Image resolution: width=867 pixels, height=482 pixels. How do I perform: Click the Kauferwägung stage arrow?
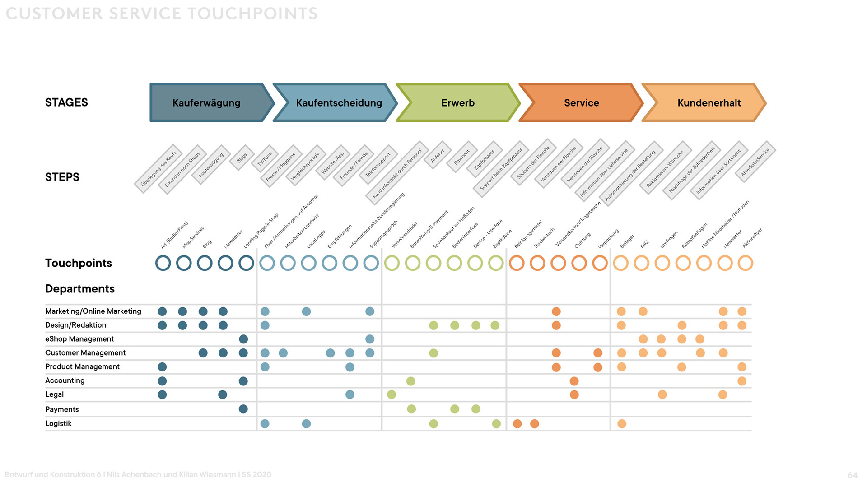[x=207, y=103]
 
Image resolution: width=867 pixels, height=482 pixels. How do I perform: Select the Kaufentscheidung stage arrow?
[x=339, y=103]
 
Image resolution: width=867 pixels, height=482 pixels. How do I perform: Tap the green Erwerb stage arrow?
[x=458, y=103]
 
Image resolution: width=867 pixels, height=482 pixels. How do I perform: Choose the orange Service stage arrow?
[x=581, y=103]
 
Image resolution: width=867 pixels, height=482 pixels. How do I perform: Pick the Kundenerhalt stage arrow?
[x=709, y=103]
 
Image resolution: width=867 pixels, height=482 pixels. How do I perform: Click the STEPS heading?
[x=62, y=177]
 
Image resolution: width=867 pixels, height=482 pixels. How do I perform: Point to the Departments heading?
[x=80, y=289]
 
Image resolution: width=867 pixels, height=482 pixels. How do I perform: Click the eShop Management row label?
[x=79, y=339]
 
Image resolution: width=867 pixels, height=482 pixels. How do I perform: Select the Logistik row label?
[x=58, y=423]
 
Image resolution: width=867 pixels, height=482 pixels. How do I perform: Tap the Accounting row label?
[x=65, y=380]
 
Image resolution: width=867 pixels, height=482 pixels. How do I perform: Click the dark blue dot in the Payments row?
[x=243, y=409]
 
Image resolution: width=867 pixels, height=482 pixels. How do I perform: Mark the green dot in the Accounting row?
[x=410, y=381]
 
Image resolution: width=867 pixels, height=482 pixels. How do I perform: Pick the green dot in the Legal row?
[x=392, y=394]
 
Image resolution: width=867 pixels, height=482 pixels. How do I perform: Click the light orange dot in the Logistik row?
[x=622, y=423]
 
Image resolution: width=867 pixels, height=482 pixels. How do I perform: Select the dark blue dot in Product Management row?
[x=162, y=367]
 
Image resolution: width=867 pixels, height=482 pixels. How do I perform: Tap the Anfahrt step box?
[x=437, y=155]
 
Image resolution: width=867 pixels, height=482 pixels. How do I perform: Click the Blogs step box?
[x=242, y=157]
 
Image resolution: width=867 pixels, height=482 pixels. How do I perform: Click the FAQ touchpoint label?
[x=644, y=244]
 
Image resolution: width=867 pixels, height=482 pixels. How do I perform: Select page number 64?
[x=852, y=475]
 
